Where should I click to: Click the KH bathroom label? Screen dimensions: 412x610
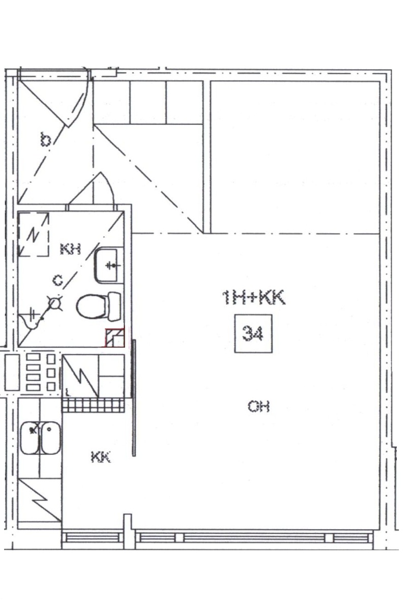coord(71,249)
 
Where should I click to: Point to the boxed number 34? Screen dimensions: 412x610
coord(253,334)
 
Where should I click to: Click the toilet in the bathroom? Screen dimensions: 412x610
coord(99,307)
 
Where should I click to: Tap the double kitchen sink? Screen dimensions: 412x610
coord(40,438)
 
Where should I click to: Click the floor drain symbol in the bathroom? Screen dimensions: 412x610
coord(55,303)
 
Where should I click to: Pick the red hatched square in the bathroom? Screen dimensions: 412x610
coord(115,338)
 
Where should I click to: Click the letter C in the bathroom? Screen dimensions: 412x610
coord(58,280)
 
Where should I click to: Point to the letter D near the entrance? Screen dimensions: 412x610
coord(46,139)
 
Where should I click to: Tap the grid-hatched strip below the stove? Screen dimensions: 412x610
coord(93,405)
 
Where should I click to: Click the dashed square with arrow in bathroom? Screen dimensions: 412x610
coord(33,234)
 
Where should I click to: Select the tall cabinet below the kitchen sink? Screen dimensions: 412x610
coord(40,500)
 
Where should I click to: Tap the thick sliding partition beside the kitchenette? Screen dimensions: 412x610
coord(134,398)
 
